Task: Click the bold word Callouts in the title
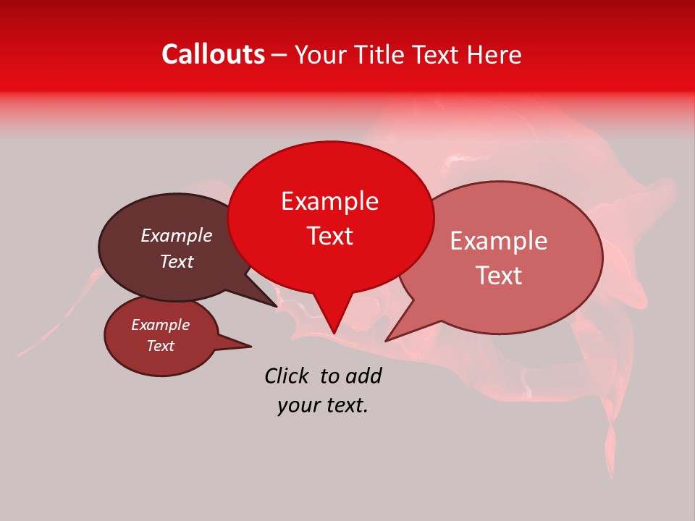click(213, 54)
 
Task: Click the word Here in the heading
click(494, 55)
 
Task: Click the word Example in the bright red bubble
click(329, 201)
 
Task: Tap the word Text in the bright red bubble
click(329, 236)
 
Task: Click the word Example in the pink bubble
click(499, 241)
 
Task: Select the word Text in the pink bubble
click(499, 276)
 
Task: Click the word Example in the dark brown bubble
click(177, 236)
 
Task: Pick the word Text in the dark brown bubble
click(177, 261)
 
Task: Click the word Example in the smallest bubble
click(160, 325)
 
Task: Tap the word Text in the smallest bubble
click(160, 346)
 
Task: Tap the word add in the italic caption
click(363, 376)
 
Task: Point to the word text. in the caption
click(344, 406)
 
